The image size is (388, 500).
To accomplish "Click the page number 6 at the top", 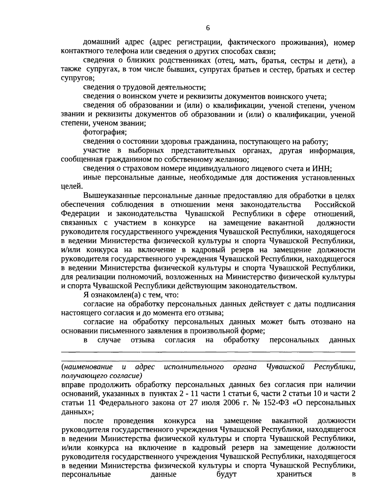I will pos(208,28).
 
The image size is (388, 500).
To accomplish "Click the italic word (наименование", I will pos(87,367).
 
